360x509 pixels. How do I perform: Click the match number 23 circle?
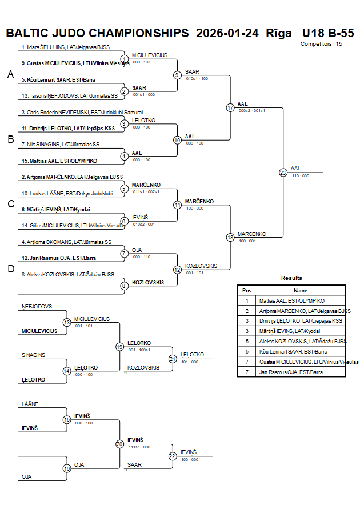coord(283,172)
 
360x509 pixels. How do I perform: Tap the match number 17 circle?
coord(230,107)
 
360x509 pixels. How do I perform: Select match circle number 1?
coord(124,59)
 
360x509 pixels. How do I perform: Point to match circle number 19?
coord(120,346)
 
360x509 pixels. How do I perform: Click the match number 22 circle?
coord(173,456)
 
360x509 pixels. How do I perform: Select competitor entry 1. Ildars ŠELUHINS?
coord(65,47)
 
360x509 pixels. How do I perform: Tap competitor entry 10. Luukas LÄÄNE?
coord(67,194)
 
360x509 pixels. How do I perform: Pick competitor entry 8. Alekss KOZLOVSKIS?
coord(67,274)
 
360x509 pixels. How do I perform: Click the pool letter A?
coord(10,74)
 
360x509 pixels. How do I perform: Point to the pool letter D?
coord(10,269)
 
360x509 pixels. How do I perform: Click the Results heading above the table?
coord(291,278)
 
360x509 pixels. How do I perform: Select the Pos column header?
coord(247,290)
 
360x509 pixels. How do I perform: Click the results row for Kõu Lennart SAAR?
coord(291,351)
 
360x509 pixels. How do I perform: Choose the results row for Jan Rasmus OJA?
coord(291,372)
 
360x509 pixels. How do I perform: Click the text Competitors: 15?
coord(322,43)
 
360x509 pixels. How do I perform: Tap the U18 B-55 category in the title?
coord(327,33)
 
